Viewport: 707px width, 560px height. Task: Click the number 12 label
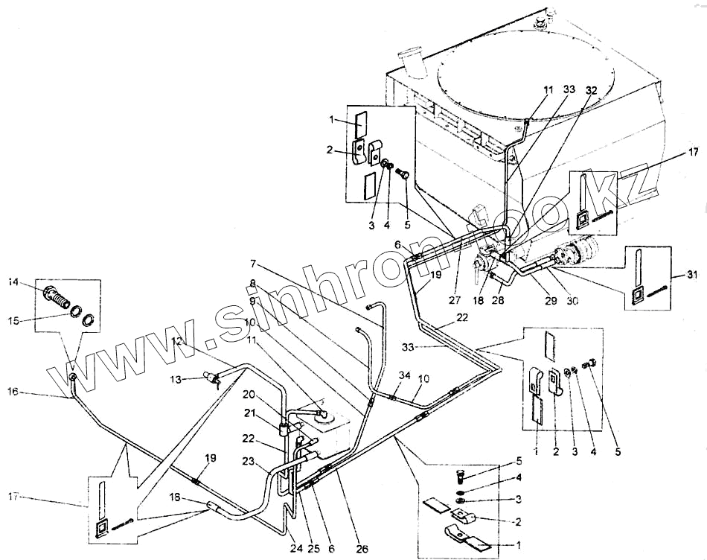[176, 341]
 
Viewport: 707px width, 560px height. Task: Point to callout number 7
[253, 264]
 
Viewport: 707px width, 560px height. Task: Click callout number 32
[592, 89]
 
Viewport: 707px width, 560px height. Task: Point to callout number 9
[253, 301]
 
